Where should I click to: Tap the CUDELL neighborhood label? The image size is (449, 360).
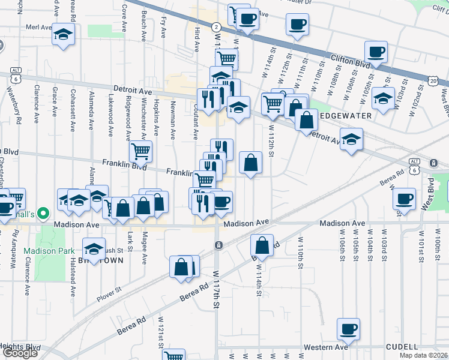(x=402, y=347)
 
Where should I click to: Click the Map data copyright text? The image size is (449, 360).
(x=423, y=355)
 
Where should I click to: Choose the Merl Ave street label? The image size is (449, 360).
(x=39, y=28)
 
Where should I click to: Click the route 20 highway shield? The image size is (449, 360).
(x=433, y=80)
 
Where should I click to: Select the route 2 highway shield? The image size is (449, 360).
(x=216, y=27)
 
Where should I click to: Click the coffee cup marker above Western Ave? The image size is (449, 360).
(x=348, y=328)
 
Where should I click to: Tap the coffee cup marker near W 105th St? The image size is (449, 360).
(x=376, y=52)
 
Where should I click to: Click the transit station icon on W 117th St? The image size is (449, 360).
(x=218, y=245)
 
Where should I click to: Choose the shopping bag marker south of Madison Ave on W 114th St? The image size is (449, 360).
(x=262, y=245)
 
